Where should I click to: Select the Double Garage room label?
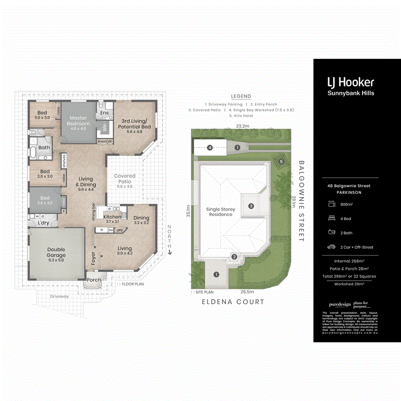point(56,252)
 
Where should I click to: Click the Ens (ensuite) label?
point(104,113)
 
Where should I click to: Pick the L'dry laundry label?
point(43,223)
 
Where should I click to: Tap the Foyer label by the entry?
point(94,259)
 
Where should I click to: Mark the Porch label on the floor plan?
point(94,280)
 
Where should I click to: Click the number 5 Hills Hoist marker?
point(281,161)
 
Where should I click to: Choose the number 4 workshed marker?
point(209,147)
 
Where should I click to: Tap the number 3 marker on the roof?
point(251,206)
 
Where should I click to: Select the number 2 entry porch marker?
point(233,257)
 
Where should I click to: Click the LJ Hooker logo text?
point(351,82)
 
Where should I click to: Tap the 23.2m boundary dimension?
point(243,126)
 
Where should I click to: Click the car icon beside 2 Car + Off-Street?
point(331,247)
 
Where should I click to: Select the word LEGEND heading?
point(241,96)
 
